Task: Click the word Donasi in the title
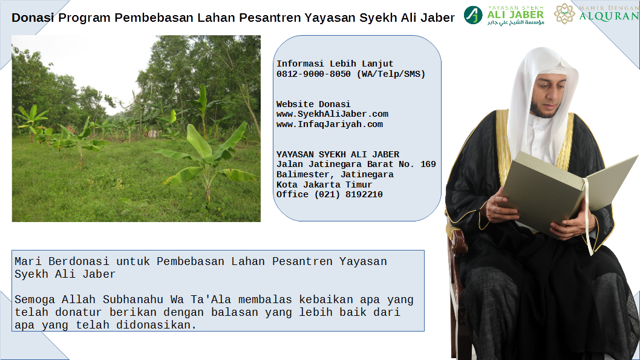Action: tap(33, 18)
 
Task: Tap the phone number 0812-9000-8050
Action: tap(313, 74)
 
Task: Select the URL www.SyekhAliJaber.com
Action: tap(332, 114)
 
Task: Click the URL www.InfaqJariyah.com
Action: tap(330, 124)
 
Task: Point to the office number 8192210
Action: tap(364, 194)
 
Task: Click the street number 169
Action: tap(428, 164)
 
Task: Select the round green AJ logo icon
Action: tap(473, 15)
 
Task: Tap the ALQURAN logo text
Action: tap(609, 16)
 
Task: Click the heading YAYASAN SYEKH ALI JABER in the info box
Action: tap(338, 154)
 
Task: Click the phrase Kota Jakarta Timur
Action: tap(324, 185)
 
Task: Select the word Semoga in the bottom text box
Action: tap(34, 300)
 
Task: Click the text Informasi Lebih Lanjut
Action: tap(335, 64)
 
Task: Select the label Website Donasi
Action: tap(313, 104)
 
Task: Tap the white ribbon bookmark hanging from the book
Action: tap(588, 217)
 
